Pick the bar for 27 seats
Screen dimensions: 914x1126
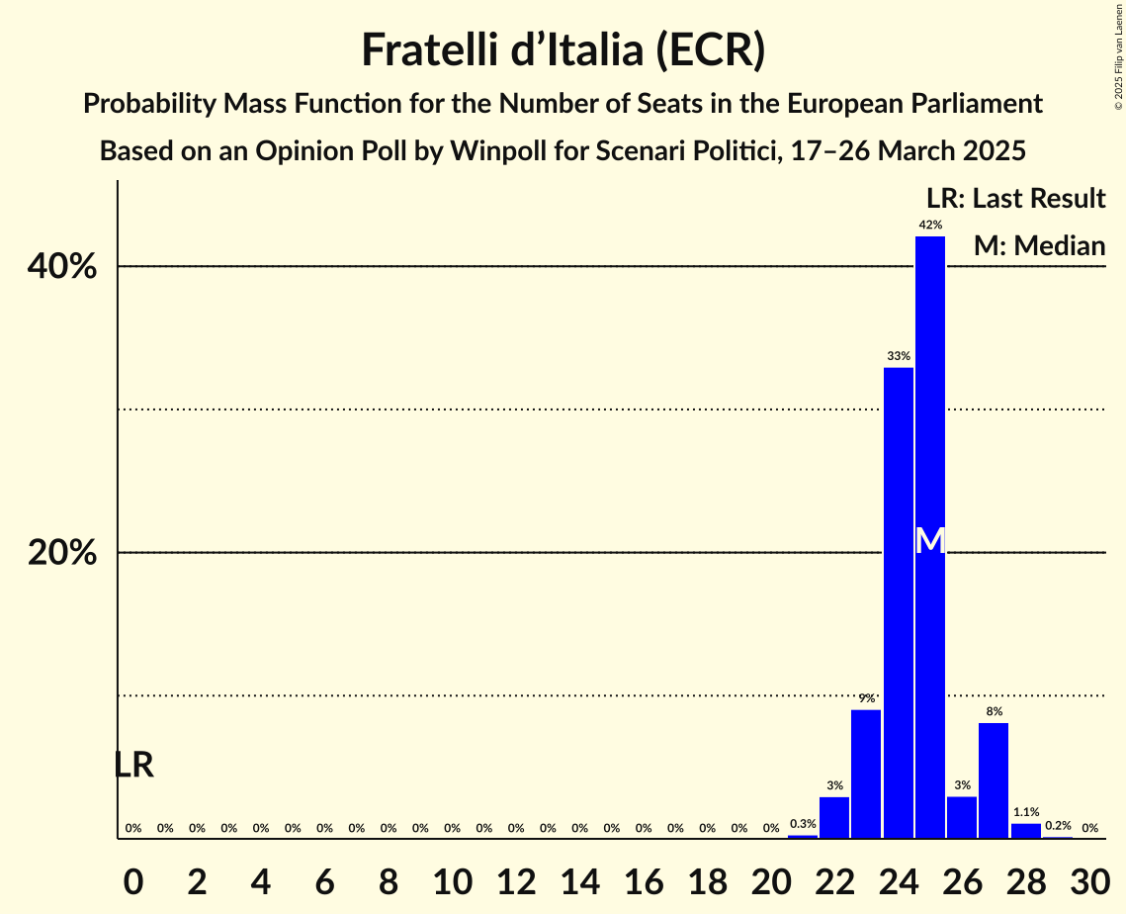point(994,780)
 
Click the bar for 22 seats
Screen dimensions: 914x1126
point(834,817)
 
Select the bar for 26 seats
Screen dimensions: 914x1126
point(962,817)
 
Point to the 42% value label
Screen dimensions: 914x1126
point(929,226)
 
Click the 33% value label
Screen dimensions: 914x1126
point(898,356)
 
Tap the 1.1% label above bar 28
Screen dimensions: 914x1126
point(1025,812)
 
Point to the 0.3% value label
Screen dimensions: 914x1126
point(803,824)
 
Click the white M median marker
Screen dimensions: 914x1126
point(930,540)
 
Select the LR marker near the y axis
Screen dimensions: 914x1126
point(133,765)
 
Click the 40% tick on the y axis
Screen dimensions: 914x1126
point(62,267)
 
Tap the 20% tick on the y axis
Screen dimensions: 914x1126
point(62,553)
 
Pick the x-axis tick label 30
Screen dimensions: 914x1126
point(1089,879)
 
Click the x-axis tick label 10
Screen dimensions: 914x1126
point(452,879)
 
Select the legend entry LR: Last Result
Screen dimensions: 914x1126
point(1015,199)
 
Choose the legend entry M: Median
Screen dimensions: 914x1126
point(1039,245)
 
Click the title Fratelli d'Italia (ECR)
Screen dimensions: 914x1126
point(563,49)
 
